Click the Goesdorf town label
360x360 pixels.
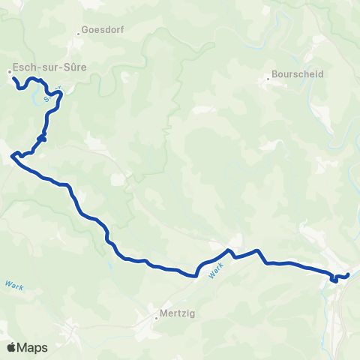point(103,31)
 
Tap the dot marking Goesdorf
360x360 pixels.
point(79,34)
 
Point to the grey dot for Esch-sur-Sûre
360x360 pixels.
point(10,72)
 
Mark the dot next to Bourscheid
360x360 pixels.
point(268,77)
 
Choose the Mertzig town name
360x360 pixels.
point(178,315)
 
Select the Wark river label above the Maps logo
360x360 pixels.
point(14,285)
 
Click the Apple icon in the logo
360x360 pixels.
point(11,347)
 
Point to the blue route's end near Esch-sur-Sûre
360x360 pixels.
point(14,77)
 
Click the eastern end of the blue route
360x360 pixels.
point(349,275)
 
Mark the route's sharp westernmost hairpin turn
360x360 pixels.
point(13,156)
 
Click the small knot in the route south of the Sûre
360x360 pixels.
point(43,137)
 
